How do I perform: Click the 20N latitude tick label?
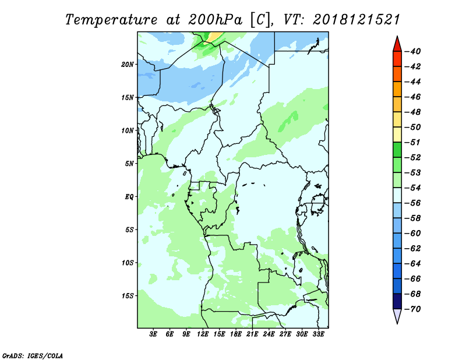(128, 65)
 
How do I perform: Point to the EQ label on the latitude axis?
(129, 197)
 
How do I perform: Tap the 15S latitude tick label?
(128, 296)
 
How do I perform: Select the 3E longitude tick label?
(153, 334)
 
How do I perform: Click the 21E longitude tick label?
(252, 334)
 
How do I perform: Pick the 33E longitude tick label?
(318, 334)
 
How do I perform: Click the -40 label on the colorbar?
(413, 51)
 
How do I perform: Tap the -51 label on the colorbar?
(413, 142)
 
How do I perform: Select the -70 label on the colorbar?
(413, 309)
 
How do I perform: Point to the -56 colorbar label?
(413, 203)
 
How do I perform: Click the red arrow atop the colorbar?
(397, 44)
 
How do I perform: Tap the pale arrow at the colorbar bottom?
(397, 316)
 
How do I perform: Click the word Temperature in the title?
(111, 20)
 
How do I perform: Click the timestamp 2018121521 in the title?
(356, 20)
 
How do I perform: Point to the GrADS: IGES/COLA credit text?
(33, 356)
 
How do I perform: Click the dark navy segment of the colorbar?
(397, 301)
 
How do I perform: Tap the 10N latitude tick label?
(128, 130)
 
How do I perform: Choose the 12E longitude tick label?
(203, 334)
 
